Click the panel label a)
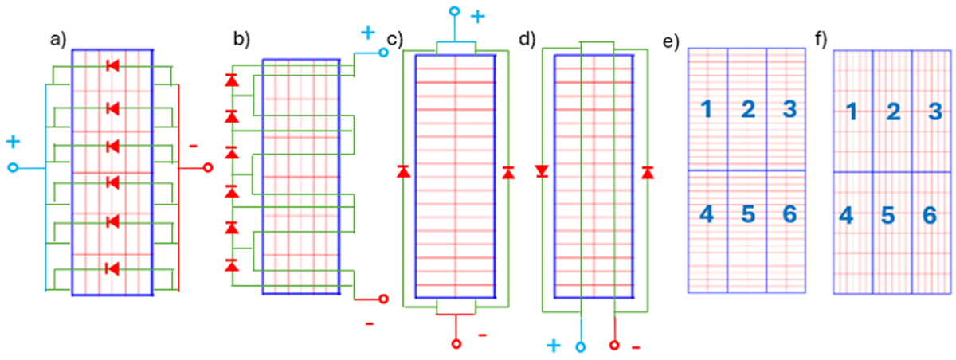[58, 40]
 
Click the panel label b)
[241, 39]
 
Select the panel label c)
[395, 39]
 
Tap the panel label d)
[527, 39]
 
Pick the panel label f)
[821, 39]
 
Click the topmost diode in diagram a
[112, 65]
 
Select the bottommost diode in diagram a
[112, 268]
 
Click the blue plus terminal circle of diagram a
[13, 167]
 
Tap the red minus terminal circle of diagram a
[208, 167]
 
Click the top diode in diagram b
[232, 80]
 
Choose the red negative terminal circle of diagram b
[383, 299]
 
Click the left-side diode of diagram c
[404, 171]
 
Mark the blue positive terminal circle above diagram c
[455, 11]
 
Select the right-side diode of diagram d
[648, 172]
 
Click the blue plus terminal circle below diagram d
[581, 347]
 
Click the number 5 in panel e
[748, 214]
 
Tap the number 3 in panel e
[789, 109]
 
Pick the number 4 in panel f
[846, 215]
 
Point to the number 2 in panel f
[893, 112]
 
